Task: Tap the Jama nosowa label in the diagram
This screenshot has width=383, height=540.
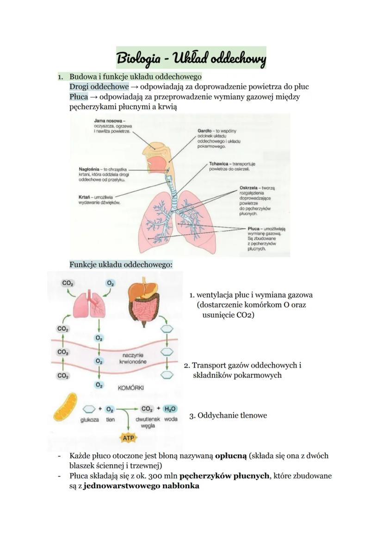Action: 101,121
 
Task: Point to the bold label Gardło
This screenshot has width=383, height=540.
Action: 205,131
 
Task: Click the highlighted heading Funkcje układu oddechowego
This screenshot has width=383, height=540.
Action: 121,265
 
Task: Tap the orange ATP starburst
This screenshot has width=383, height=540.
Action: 127,437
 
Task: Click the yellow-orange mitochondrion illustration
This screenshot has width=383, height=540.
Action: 65,407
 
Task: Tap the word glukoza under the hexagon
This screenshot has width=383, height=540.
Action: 90,420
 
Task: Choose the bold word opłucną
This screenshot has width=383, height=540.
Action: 231,455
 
